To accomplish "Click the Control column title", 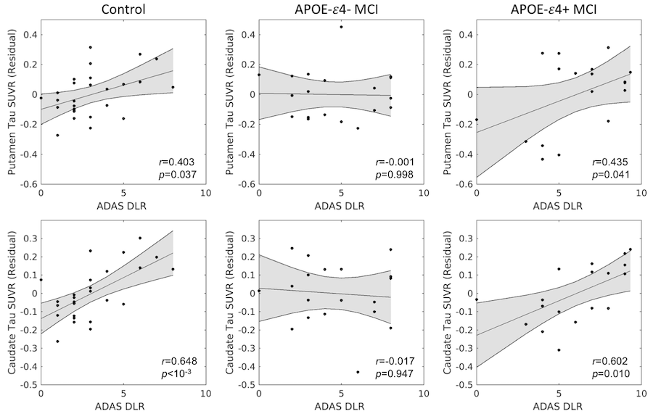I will coord(123,10).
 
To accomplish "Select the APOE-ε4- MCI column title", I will coord(341,10).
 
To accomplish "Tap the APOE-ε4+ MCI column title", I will coord(559,10).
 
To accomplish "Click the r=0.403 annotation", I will coord(179,161).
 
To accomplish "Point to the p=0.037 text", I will coord(179,174).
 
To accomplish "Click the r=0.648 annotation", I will coord(179,360).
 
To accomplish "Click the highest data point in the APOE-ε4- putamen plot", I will coord(341,27).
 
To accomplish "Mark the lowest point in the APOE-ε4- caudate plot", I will coord(358,372).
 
